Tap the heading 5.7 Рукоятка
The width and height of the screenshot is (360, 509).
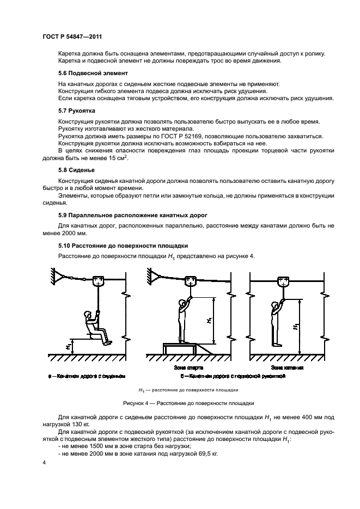(x=78, y=111)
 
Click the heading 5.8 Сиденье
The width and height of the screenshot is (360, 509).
(x=77, y=169)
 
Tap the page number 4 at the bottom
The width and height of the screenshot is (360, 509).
(x=44, y=463)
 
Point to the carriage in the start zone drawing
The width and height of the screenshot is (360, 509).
(x=191, y=281)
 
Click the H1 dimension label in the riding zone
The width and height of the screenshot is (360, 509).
(x=296, y=327)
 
